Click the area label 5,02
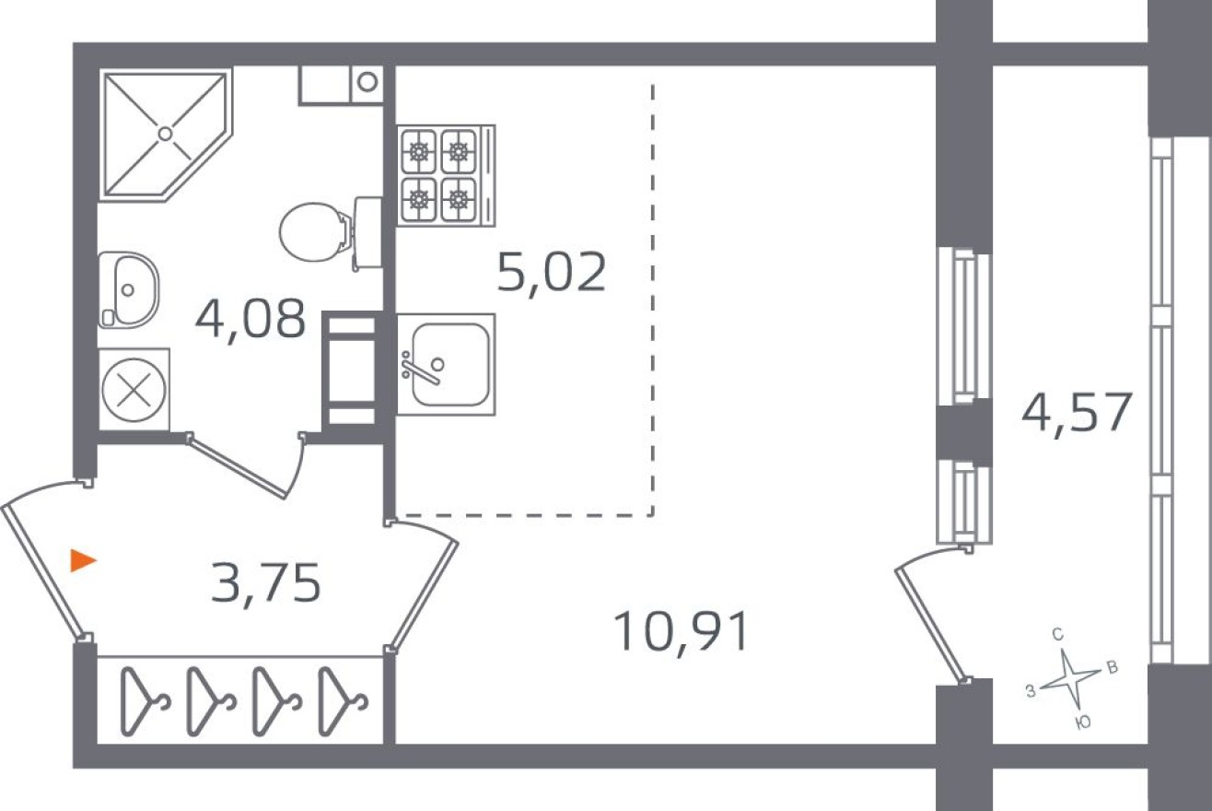point(551,274)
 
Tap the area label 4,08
point(250,320)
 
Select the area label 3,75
point(265,584)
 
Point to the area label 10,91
point(681,633)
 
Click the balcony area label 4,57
point(1075,412)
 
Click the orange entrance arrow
point(83,559)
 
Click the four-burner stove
point(440,175)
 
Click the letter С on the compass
point(1058,634)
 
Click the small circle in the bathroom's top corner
point(367,82)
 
